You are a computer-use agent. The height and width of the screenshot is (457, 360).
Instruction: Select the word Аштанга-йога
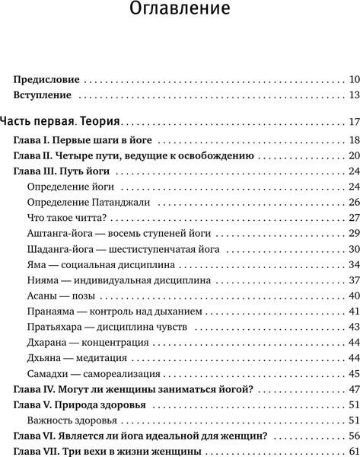coord(58,234)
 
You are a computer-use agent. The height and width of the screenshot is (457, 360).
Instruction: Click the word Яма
coord(37,265)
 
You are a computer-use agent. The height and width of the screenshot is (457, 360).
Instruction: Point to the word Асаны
coord(41,296)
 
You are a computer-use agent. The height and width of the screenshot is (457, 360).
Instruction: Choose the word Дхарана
coord(47,343)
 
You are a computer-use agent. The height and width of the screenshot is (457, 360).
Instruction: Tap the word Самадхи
coord(48,374)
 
